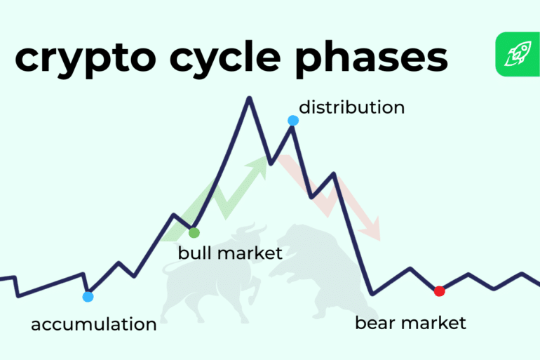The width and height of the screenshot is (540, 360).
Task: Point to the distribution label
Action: click(x=351, y=107)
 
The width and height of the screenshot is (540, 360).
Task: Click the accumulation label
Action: click(x=94, y=324)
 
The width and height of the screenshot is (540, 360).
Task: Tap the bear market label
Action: click(x=410, y=323)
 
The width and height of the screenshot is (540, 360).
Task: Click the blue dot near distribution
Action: click(x=293, y=121)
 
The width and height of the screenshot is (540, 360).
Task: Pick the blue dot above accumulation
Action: click(x=88, y=297)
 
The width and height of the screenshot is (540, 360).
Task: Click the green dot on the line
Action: click(x=194, y=232)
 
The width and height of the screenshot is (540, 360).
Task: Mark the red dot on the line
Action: click(x=440, y=291)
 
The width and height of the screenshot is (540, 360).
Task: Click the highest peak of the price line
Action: click(x=248, y=98)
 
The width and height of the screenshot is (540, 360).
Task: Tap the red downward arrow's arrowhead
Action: click(x=374, y=232)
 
